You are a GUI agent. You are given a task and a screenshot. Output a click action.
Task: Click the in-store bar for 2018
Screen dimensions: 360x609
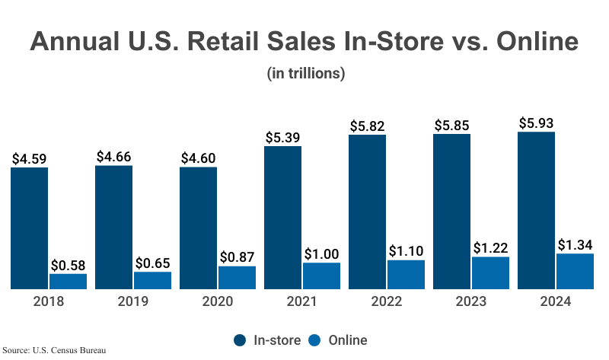tap(30, 228)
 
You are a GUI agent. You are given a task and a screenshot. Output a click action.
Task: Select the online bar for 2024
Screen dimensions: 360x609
tap(575, 272)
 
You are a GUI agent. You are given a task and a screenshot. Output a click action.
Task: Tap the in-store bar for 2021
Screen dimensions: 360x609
tap(282, 218)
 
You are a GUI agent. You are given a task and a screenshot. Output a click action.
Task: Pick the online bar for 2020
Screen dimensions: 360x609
tap(237, 278)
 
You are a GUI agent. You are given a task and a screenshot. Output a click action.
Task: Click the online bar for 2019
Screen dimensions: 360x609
tap(152, 281)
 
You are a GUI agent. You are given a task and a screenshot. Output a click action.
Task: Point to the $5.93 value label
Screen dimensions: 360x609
tap(537, 123)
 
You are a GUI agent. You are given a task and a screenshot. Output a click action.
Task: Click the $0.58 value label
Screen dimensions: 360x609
tap(69, 265)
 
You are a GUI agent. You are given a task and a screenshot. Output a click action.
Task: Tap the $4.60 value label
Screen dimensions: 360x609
tap(199, 158)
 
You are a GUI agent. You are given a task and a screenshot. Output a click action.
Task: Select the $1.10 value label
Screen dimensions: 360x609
tap(407, 250)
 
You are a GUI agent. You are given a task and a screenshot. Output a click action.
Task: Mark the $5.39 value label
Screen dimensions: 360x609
tap(283, 138)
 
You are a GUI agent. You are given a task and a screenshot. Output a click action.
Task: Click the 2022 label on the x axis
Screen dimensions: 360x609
tap(387, 301)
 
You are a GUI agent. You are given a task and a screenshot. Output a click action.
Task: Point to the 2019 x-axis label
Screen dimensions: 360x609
tap(133, 301)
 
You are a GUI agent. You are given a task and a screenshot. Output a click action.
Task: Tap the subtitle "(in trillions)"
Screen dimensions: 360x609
tap(306, 74)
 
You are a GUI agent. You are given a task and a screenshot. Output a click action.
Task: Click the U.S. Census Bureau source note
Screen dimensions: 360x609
tap(53, 351)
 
